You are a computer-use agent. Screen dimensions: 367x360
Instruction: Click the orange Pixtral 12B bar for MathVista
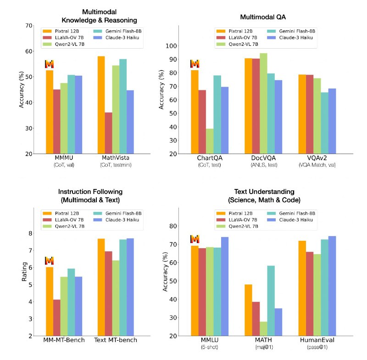tap(101, 105)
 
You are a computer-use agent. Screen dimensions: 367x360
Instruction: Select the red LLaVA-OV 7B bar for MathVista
tap(108, 133)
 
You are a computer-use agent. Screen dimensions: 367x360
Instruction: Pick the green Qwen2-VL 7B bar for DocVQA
tap(263, 103)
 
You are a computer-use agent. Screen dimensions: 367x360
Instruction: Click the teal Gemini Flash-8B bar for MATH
tap(271, 301)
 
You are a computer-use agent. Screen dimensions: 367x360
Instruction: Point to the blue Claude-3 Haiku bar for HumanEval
tap(332, 286)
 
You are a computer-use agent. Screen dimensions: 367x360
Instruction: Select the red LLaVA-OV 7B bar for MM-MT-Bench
tap(57, 318)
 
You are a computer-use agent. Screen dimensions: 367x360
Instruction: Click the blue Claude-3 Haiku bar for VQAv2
tap(332, 121)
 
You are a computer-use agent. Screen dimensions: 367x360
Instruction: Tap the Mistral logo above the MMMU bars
tap(50, 64)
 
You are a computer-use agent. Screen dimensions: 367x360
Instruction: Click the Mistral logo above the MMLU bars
tap(195, 239)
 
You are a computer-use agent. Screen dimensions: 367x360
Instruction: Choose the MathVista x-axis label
tap(116, 158)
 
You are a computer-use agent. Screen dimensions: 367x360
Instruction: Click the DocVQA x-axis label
tap(263, 158)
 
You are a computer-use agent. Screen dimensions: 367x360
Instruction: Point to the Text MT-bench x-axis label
tap(116, 340)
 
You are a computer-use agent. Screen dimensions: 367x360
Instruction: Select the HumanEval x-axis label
tap(317, 340)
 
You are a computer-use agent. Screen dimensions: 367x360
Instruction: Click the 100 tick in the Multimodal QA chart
tap(171, 46)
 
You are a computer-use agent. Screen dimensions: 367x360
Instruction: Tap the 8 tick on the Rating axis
tap(30, 233)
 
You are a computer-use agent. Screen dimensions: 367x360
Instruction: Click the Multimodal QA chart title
tap(263, 17)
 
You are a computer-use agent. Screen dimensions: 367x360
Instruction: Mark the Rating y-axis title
tap(24, 271)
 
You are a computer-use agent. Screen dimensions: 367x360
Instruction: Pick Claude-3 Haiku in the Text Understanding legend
tap(296, 220)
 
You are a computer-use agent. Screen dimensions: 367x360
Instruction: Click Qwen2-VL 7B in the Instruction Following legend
tap(70, 226)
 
